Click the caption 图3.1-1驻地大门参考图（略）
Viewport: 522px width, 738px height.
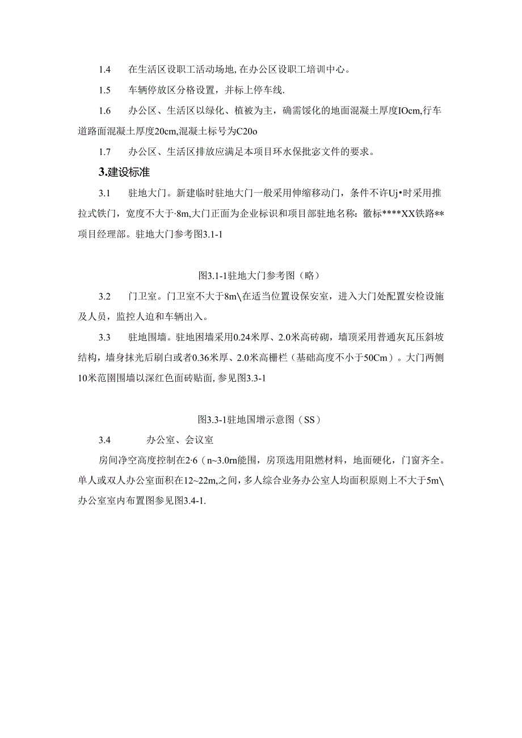click(x=260, y=276)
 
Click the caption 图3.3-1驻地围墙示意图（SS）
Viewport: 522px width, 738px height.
click(x=260, y=420)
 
